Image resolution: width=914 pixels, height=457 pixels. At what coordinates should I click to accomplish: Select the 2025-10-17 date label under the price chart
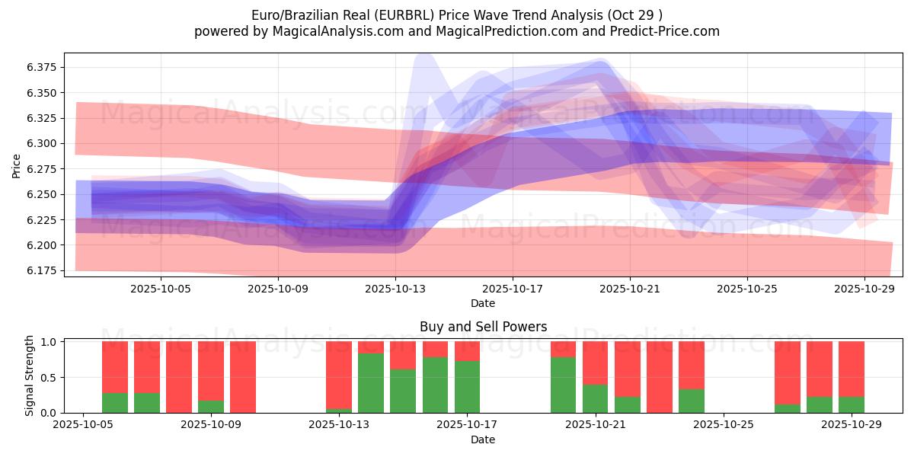click(513, 289)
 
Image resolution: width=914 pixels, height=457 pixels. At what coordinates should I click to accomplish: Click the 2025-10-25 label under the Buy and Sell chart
click(724, 426)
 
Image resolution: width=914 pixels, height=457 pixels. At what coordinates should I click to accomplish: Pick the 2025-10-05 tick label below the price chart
click(161, 289)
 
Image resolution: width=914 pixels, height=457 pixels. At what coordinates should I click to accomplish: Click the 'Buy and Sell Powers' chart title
click(483, 327)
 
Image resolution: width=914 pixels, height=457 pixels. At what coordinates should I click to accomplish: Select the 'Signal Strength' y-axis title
click(30, 376)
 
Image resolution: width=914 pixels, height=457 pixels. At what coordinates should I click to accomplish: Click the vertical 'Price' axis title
click(17, 165)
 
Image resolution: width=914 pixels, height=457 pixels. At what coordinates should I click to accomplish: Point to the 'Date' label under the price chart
click(483, 303)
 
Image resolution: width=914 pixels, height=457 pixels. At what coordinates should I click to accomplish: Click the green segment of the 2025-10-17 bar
click(467, 387)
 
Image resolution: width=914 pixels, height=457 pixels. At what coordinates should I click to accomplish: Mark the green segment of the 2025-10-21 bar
click(595, 398)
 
